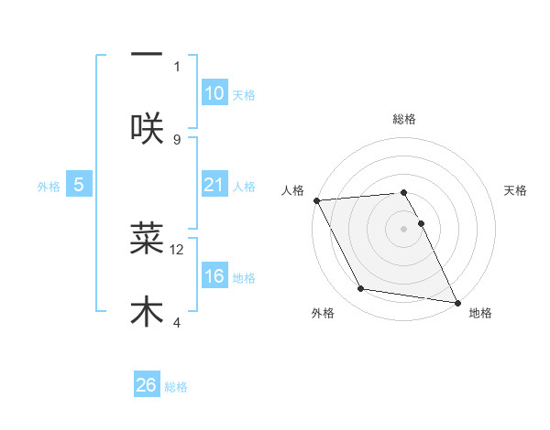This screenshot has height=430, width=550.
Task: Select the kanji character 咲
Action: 147,128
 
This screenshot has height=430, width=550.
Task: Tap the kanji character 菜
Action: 147,238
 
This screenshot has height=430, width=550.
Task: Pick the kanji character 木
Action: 147,311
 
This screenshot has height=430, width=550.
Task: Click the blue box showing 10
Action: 214,93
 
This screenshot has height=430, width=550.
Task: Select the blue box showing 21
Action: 214,185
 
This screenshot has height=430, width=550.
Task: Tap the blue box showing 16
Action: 214,276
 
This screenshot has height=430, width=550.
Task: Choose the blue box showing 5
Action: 79,185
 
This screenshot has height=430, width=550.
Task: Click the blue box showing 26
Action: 147,385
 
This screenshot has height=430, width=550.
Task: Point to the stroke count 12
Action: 177,249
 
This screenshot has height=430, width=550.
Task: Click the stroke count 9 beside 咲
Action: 177,139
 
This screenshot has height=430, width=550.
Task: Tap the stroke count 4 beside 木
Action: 177,322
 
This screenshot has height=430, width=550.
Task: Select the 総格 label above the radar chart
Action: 404,119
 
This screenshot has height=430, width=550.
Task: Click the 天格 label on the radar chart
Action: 516,190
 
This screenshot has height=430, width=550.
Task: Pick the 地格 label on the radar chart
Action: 480,313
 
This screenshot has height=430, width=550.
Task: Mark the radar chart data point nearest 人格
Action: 316,200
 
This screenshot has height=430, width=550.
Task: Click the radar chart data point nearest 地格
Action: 456,301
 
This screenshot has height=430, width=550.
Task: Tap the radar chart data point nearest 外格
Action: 361,289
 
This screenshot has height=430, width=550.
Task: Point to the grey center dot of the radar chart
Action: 404,229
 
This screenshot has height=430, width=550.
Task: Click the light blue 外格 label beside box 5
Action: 49,186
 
